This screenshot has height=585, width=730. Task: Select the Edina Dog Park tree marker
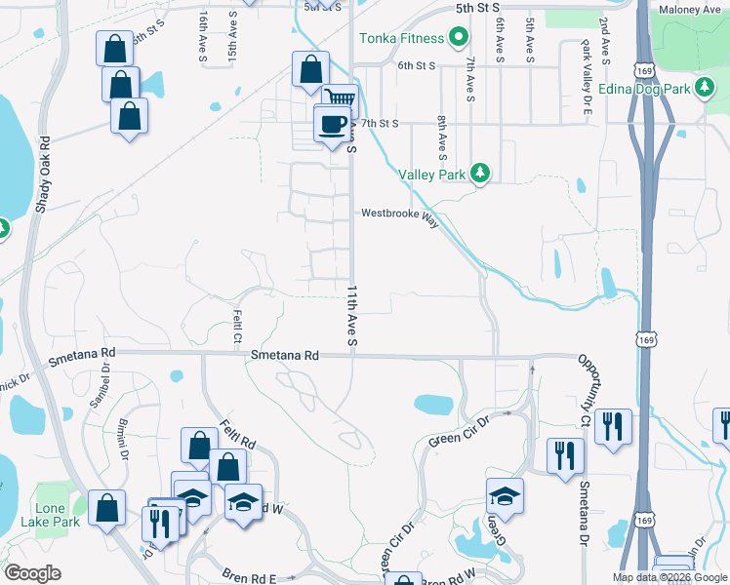(704, 89)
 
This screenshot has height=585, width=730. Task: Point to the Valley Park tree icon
(479, 173)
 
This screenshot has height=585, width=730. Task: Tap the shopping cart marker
(341, 100)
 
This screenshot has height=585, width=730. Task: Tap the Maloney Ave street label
(689, 10)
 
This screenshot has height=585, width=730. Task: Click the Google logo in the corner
(32, 573)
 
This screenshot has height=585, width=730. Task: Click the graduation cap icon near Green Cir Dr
(504, 496)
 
